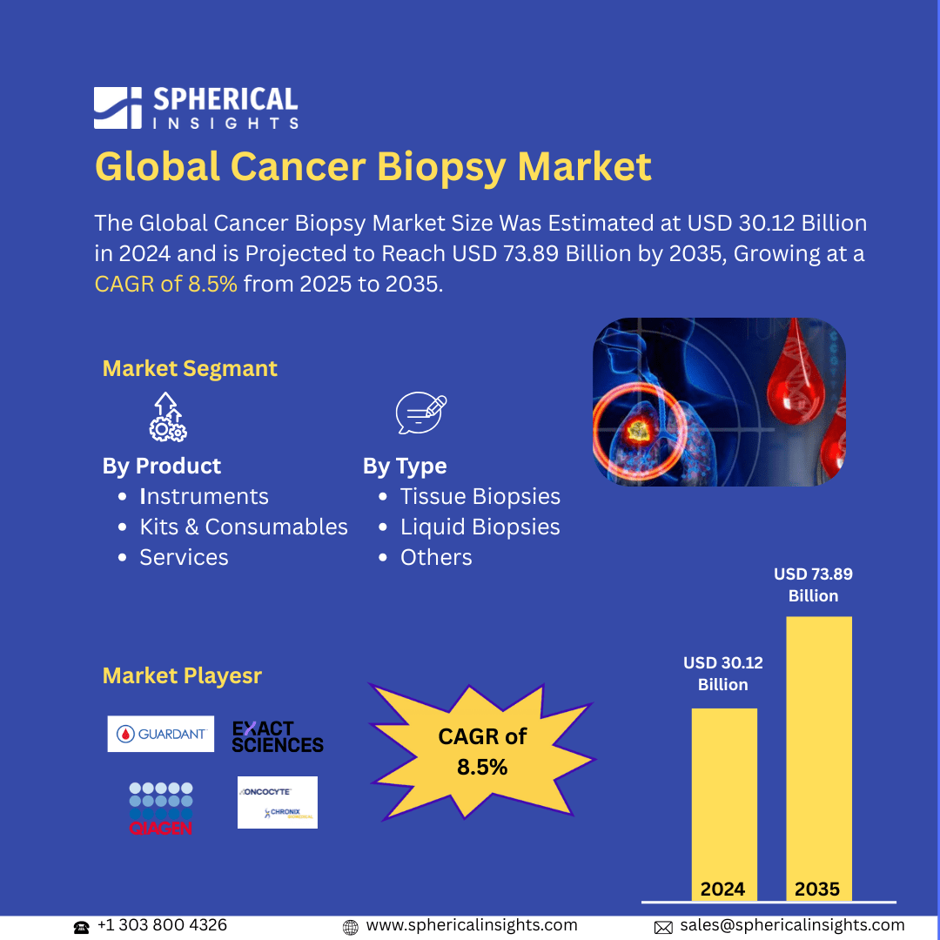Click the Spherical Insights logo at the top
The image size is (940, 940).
[x=196, y=108]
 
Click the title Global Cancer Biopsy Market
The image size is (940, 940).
[x=373, y=165]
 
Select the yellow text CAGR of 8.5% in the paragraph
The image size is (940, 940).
[x=165, y=284]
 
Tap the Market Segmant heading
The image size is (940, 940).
[x=190, y=368]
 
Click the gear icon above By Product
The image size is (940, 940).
[x=166, y=417]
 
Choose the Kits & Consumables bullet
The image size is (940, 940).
[x=243, y=527]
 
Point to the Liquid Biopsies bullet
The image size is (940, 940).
[x=480, y=527]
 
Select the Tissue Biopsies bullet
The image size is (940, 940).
[x=480, y=496]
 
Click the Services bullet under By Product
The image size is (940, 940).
[x=184, y=557]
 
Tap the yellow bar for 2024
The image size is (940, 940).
[x=724, y=801]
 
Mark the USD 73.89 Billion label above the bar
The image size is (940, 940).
[x=813, y=585]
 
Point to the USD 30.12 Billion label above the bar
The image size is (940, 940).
[x=722, y=674]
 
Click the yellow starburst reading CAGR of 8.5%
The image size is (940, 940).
[x=481, y=751]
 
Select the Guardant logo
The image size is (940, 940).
[x=161, y=734]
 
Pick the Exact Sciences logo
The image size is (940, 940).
[x=277, y=736]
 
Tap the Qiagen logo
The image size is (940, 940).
[x=161, y=809]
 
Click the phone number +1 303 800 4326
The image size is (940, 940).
[x=161, y=925]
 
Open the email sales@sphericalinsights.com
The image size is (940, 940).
[x=791, y=925]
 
